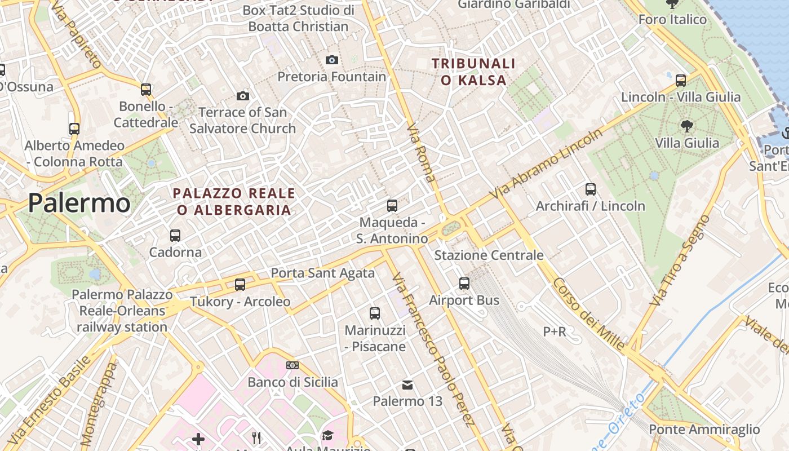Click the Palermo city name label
(79, 203)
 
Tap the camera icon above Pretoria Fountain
(332, 60)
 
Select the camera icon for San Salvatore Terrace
(242, 96)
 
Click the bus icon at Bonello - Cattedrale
(146, 89)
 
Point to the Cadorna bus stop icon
(175, 235)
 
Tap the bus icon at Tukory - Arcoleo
(240, 284)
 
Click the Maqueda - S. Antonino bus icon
(392, 206)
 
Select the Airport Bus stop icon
(464, 284)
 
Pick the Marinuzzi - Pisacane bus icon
(375, 313)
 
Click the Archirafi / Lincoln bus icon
(591, 189)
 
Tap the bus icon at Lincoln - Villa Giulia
(681, 80)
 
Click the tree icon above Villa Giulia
(686, 126)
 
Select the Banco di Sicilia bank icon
(292, 365)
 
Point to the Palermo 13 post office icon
(407, 385)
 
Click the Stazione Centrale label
(489, 255)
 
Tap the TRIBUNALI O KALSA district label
(473, 72)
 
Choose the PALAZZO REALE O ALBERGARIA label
(234, 202)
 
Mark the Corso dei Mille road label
(589, 314)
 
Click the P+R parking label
(554, 332)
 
